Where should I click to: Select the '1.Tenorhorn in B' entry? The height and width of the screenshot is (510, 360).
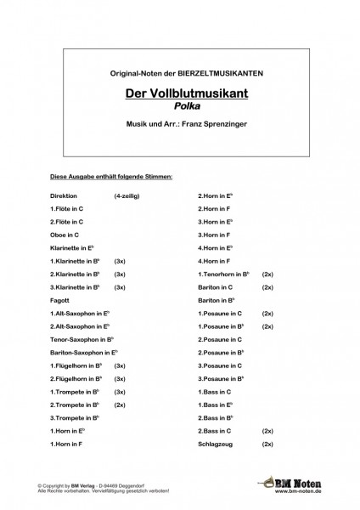pyautogui.click(x=223, y=276)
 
